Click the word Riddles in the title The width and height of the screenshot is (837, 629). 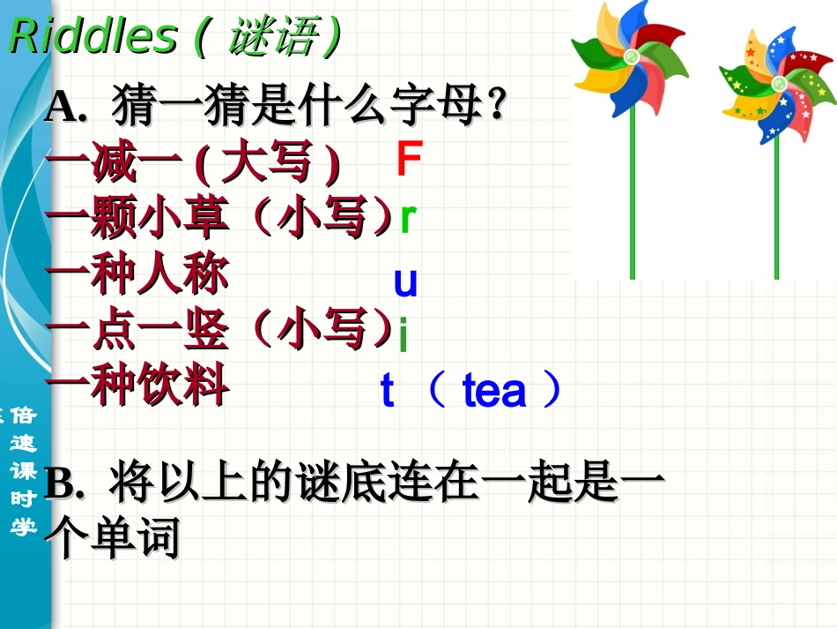click(x=93, y=36)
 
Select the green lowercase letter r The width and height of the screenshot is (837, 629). click(x=406, y=218)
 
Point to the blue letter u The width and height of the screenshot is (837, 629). click(x=405, y=282)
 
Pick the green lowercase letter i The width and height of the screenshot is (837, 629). click(x=403, y=336)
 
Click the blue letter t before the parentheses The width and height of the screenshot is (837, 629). click(x=387, y=391)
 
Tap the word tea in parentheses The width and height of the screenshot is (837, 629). click(x=493, y=391)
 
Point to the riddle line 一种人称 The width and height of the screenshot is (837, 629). click(x=137, y=274)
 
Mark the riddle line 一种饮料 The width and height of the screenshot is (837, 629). click(x=137, y=386)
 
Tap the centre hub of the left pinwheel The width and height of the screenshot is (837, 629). click(x=632, y=57)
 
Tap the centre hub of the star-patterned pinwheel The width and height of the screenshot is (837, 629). click(x=778, y=83)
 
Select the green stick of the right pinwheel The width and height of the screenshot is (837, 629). click(x=776, y=212)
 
